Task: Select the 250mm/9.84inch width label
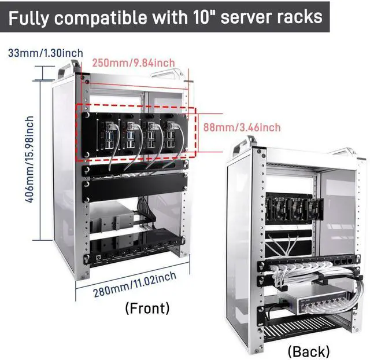(133, 63)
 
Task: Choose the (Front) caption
(147, 308)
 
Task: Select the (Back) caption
(309, 351)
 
